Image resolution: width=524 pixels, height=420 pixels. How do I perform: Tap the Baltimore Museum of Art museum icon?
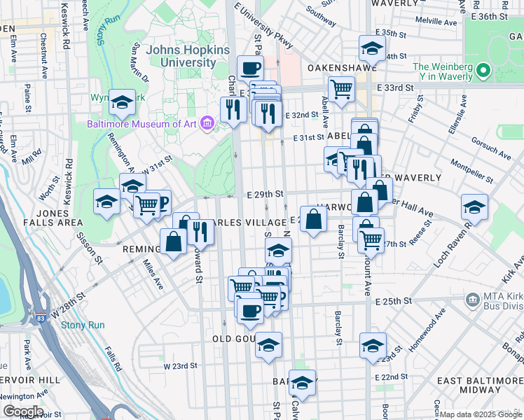[x=206, y=124]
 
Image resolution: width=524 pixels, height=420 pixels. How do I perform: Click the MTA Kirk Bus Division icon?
[x=473, y=300]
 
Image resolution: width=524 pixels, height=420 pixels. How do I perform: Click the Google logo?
[x=22, y=412]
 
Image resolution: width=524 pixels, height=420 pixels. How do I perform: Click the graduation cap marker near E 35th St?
[x=371, y=48]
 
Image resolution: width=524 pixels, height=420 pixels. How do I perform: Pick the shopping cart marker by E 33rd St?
[x=341, y=89]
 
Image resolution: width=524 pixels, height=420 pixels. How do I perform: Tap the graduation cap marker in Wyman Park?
[x=122, y=103]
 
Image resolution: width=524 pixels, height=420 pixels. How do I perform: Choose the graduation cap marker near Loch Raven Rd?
[x=474, y=207]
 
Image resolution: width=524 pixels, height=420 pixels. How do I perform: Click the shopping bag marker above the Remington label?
[x=173, y=241]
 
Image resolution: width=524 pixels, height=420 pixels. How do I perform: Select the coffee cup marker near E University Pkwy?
[x=250, y=68]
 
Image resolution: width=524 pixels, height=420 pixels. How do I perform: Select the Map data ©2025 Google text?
[x=481, y=414]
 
